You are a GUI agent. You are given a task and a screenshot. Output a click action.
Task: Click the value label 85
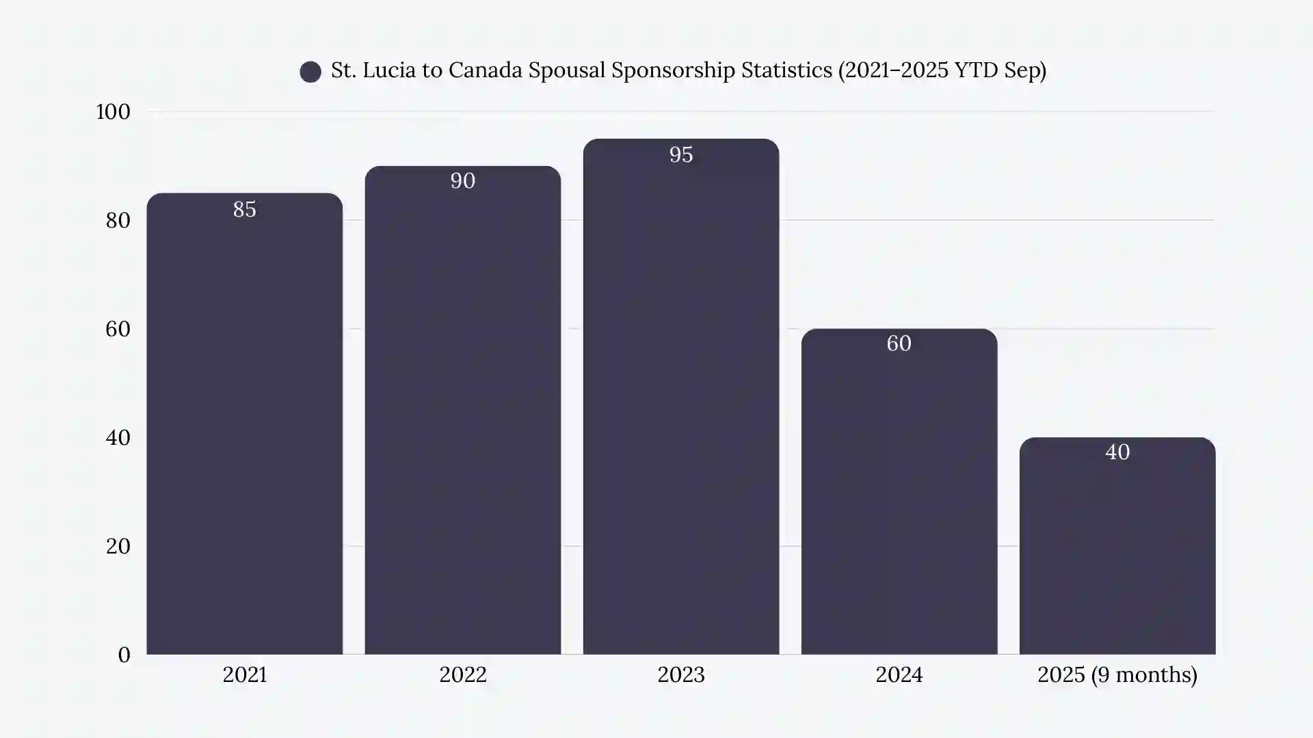pyautogui.click(x=244, y=209)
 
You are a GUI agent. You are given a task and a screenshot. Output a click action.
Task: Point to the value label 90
pyautogui.click(x=462, y=180)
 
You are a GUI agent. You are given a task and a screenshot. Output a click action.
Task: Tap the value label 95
pyautogui.click(x=680, y=154)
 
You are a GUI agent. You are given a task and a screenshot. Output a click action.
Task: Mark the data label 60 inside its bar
pyautogui.click(x=899, y=343)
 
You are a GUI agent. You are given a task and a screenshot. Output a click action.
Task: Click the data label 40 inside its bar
pyautogui.click(x=1117, y=452)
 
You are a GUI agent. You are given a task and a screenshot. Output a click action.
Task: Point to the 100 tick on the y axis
pyautogui.click(x=113, y=111)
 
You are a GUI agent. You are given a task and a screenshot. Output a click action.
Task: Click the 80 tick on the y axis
pyautogui.click(x=118, y=220)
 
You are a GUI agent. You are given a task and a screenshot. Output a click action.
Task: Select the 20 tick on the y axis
pyautogui.click(x=118, y=546)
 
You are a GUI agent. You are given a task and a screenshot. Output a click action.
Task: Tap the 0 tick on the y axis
pyautogui.click(x=124, y=655)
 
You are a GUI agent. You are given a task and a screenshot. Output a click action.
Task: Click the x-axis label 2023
pyautogui.click(x=680, y=674)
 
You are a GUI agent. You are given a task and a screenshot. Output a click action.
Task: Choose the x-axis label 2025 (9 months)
pyautogui.click(x=1117, y=674)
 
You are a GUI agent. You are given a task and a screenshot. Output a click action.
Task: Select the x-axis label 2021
pyautogui.click(x=244, y=674)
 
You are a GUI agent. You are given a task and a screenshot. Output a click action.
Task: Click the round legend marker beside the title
pyautogui.click(x=310, y=72)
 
